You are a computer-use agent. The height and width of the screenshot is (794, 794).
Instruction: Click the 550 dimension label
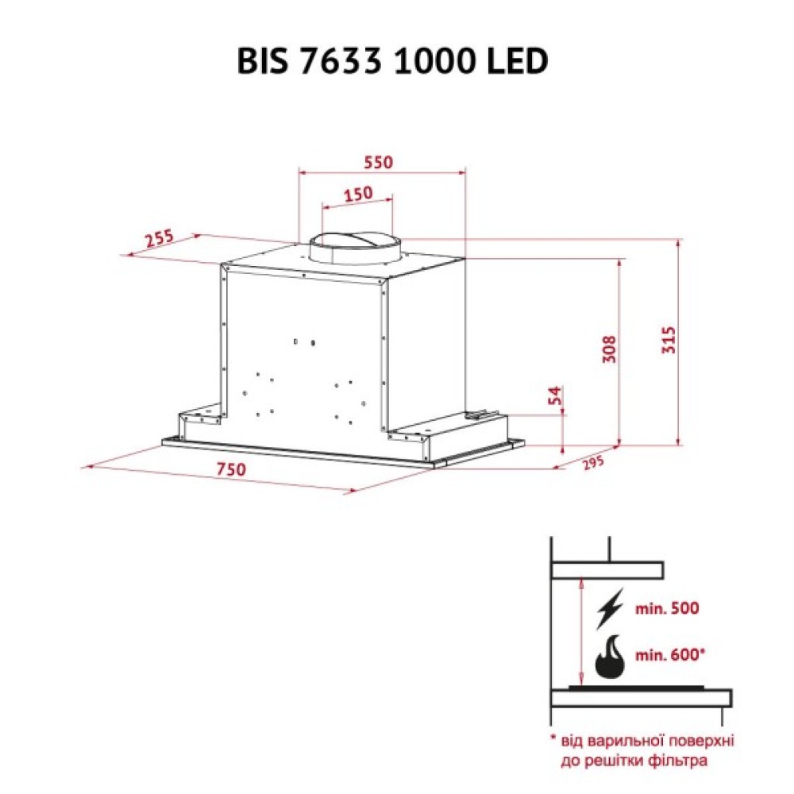378,162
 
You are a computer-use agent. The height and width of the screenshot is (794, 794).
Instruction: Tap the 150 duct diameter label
358,194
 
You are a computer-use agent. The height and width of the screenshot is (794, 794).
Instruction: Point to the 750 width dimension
231,469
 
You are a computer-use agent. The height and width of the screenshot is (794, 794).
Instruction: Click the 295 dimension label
592,463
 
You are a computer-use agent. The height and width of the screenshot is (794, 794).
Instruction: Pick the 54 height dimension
556,395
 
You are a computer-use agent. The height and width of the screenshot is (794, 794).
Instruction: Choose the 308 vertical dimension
609,349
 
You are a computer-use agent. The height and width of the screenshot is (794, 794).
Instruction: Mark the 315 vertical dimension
669,340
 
